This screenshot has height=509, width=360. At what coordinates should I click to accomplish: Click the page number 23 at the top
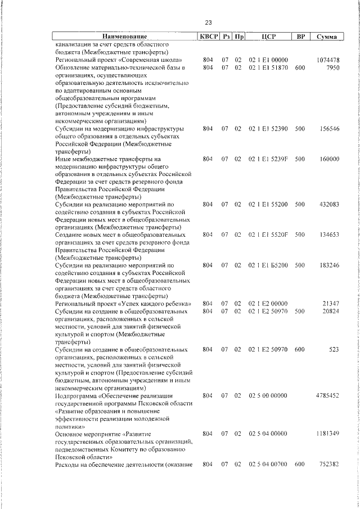coord(208,23)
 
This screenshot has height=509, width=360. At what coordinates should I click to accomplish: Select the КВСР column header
coord(208,37)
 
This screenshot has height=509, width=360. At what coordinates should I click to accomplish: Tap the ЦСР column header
coord(268,37)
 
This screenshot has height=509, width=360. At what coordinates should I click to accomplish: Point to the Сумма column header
coord(327,37)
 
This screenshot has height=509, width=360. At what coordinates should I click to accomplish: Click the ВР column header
coord(300,37)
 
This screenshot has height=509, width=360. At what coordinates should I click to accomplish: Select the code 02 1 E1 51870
coord(268,67)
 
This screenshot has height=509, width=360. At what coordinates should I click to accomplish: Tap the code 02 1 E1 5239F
coord(268,159)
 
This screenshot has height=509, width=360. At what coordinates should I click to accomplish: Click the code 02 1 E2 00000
coord(268,303)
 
